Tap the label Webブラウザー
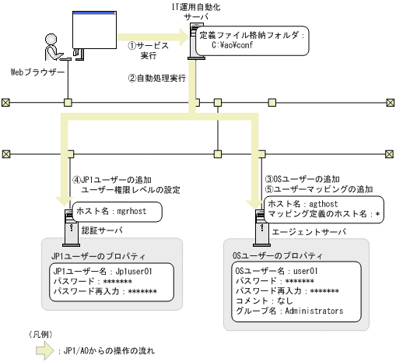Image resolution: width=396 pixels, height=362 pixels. (x=37, y=72)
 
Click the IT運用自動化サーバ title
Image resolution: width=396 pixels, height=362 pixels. (x=196, y=11)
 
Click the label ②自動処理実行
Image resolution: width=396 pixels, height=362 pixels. (x=156, y=79)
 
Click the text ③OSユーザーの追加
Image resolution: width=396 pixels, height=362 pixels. (x=305, y=178)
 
